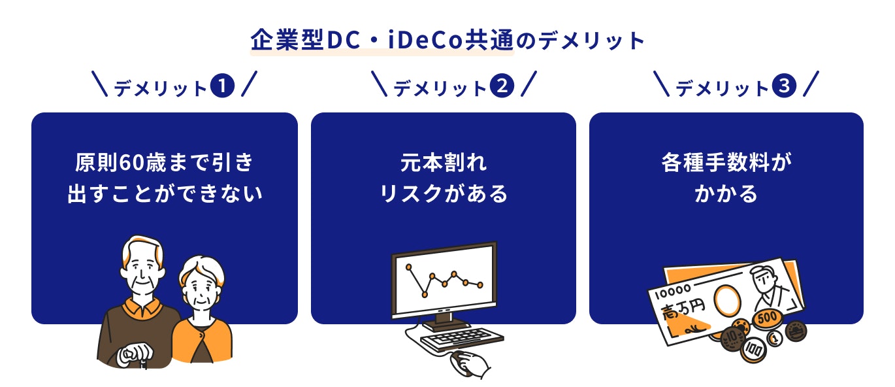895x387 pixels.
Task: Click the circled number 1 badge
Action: click(222, 86)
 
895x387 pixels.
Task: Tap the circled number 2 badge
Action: click(502, 86)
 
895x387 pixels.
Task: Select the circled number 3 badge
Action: click(784, 86)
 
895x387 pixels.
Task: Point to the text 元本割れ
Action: click(444, 163)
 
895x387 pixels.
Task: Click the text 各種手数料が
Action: click(726, 163)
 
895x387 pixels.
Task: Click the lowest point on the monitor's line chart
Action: click(425, 295)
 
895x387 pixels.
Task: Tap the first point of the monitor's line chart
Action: click(408, 267)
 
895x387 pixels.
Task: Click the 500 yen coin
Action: click(767, 318)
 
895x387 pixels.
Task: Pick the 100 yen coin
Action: click(753, 350)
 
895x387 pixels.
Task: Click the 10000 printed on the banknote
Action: click(673, 292)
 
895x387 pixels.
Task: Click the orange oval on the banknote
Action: click(727, 301)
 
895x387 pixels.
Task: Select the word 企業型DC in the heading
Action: click(305, 41)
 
